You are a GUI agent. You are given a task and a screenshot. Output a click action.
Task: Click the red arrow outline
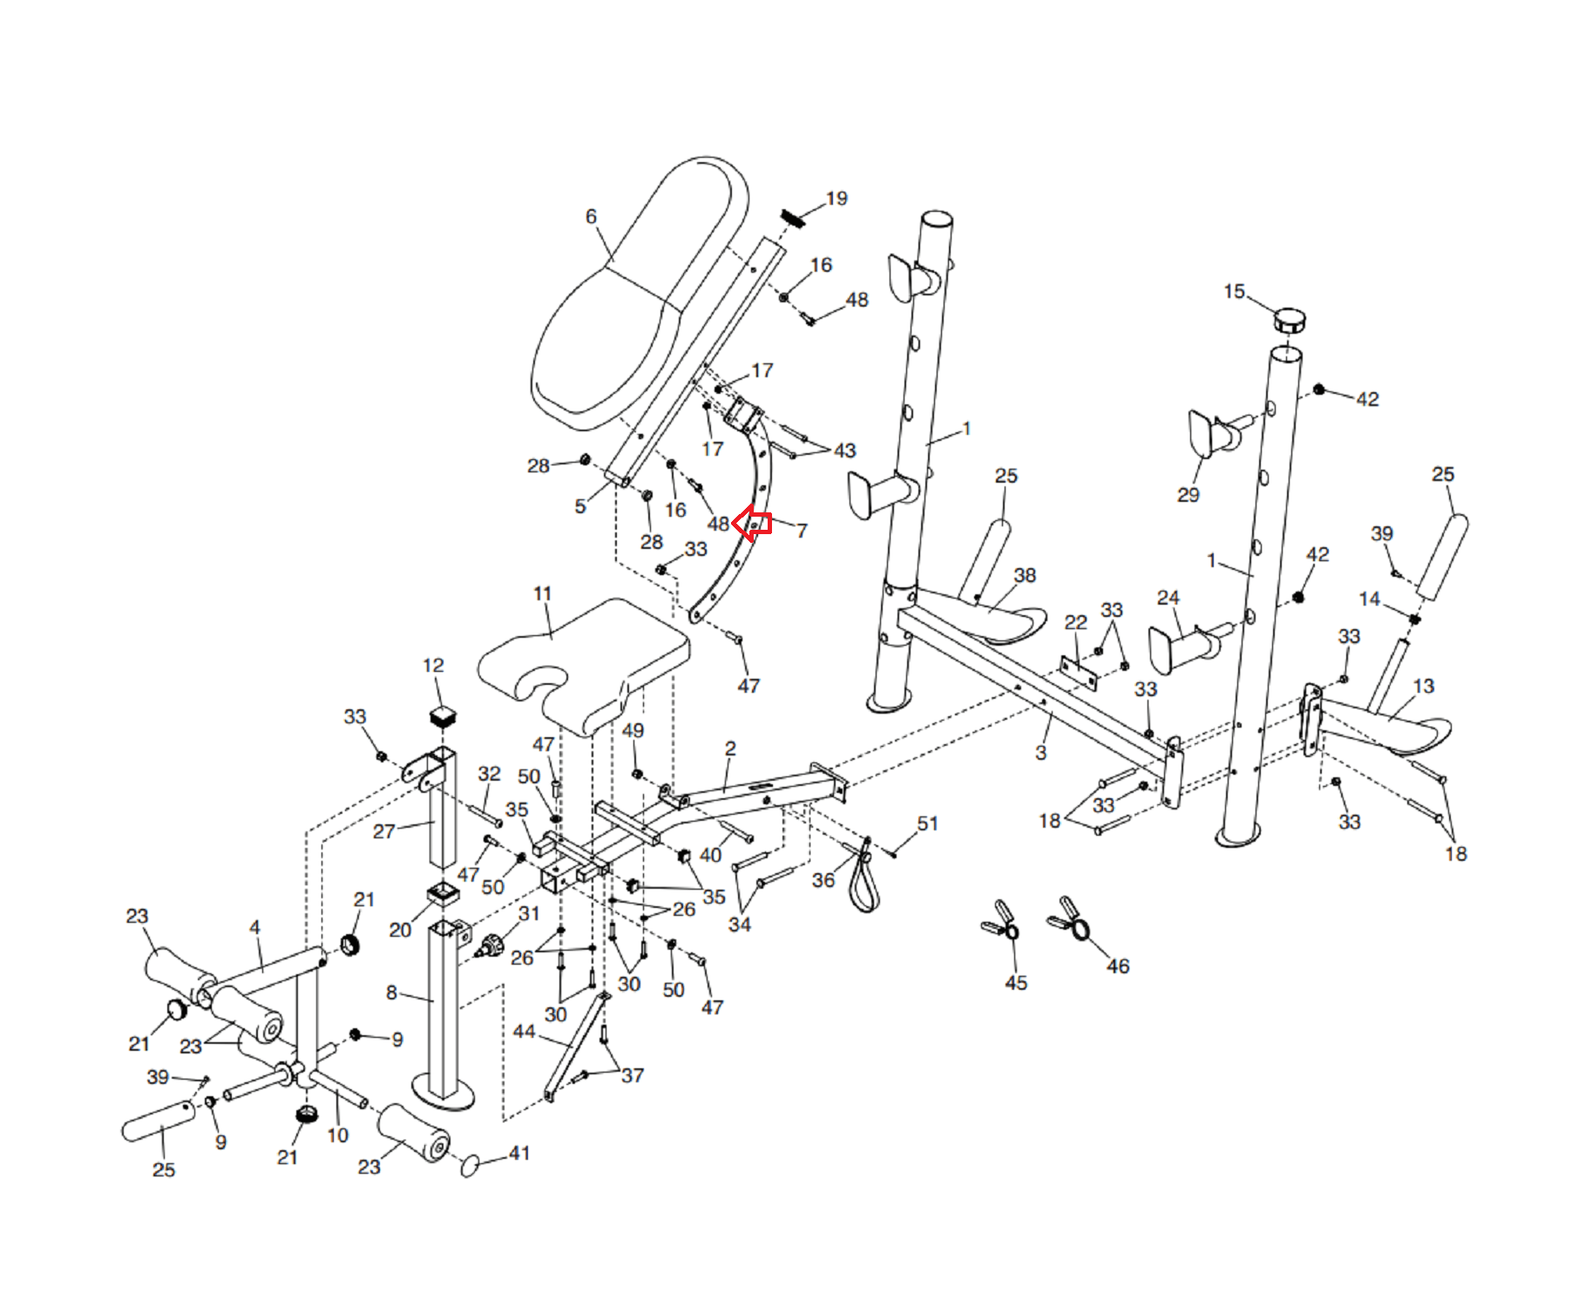pos(752,524)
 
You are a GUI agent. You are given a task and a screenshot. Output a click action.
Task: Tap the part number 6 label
pos(592,216)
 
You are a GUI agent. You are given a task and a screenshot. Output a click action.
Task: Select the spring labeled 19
pos(792,218)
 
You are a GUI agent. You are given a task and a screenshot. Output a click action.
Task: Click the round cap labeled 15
pos(1290,320)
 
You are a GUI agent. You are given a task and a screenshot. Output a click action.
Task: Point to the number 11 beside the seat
pos(543,593)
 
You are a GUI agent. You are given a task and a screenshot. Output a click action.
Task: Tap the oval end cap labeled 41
pos(471,1165)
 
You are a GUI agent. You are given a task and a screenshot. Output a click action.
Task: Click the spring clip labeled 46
pos(1069,918)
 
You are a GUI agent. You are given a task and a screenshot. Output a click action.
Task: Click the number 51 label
pos(928,823)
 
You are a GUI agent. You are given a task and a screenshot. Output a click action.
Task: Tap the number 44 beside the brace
pos(524,1032)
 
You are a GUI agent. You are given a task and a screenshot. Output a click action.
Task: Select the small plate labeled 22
pos(1078,670)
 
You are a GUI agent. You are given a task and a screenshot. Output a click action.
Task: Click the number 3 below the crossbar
pos(1040,753)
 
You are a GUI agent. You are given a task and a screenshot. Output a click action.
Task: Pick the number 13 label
pos(1424,686)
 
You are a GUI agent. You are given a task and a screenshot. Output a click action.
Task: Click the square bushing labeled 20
pos(443,894)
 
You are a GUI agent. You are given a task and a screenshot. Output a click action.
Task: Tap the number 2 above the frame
pos(730,748)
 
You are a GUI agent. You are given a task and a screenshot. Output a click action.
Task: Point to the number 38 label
pos(1026,575)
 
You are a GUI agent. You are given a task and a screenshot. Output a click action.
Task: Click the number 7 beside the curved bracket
pos(802,531)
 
